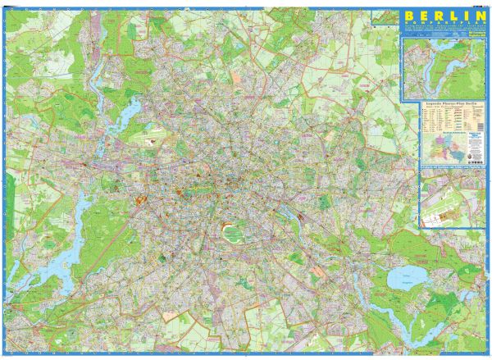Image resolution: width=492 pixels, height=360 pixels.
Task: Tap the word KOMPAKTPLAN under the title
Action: [x=439, y=25]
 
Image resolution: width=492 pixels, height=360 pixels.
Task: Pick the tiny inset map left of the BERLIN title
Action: [x=383, y=17]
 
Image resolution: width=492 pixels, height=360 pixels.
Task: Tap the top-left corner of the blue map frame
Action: [x=6, y=6]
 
